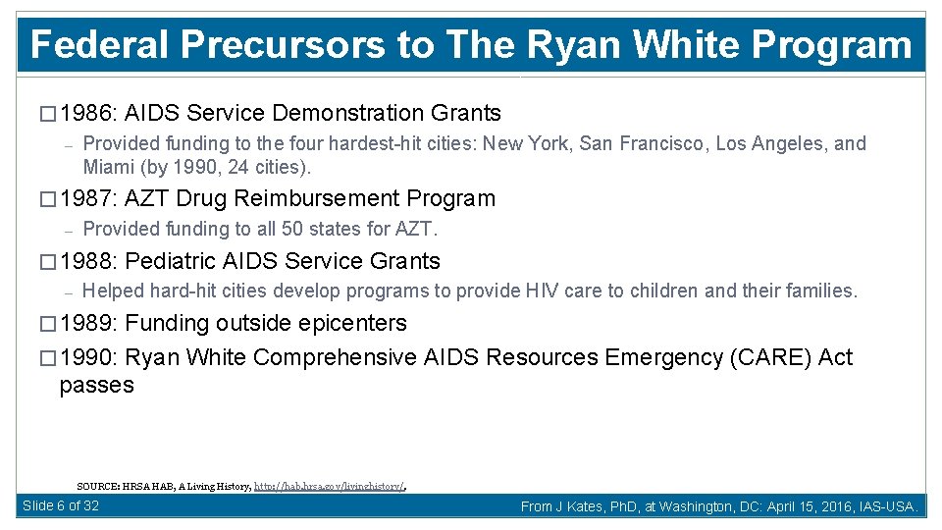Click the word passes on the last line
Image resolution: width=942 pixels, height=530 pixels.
[96, 386]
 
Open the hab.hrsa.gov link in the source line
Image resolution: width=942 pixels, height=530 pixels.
[330, 485]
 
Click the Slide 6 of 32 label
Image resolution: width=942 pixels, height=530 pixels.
[61, 505]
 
